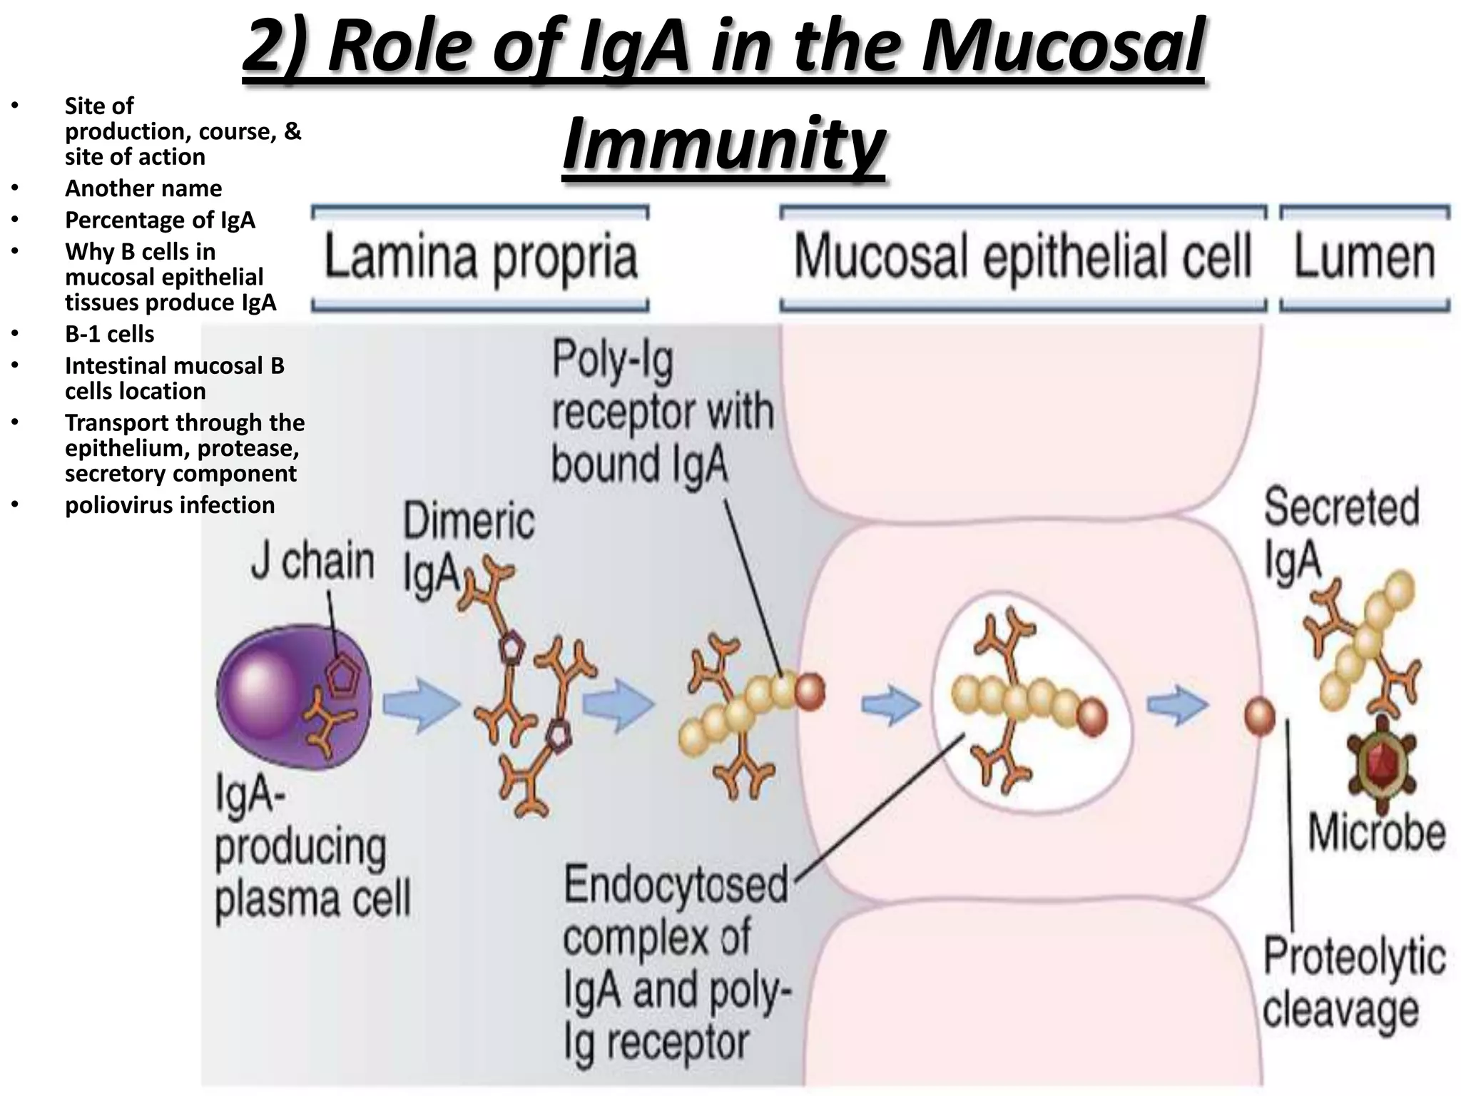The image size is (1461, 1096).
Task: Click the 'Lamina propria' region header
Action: pos(481,258)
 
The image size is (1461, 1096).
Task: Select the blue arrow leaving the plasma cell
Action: pos(421,705)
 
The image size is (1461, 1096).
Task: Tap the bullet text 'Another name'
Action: pos(143,188)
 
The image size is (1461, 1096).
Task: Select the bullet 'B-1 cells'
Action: pos(109,334)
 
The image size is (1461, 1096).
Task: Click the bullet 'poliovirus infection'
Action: pos(170,505)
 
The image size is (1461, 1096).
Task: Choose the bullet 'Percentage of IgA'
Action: pos(160,220)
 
